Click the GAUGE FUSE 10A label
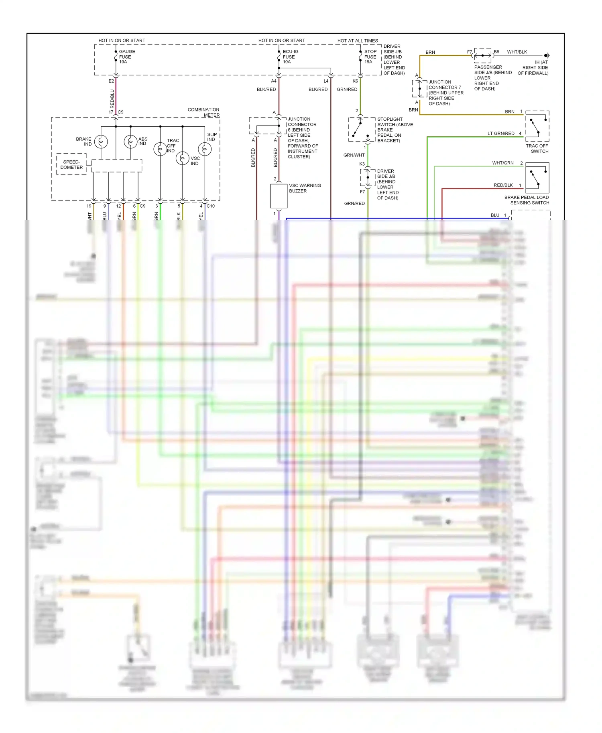click(x=127, y=57)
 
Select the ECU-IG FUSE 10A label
click(x=290, y=57)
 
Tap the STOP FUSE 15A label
click(x=370, y=57)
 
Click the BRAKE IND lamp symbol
click(x=101, y=142)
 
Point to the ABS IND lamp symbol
click(x=130, y=142)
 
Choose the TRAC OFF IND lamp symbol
click(x=160, y=149)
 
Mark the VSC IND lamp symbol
click(x=183, y=158)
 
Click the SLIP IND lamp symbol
click(x=205, y=149)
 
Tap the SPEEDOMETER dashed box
click(x=71, y=164)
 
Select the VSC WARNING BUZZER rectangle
click(x=279, y=196)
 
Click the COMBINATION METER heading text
click(x=203, y=112)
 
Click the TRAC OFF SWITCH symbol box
click(x=537, y=126)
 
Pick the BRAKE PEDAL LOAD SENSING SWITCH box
click(x=537, y=178)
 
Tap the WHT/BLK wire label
click(x=517, y=52)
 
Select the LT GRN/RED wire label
click(x=501, y=134)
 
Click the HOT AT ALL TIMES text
click(x=358, y=40)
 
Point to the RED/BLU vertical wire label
click(x=112, y=99)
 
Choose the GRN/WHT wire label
click(x=354, y=155)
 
